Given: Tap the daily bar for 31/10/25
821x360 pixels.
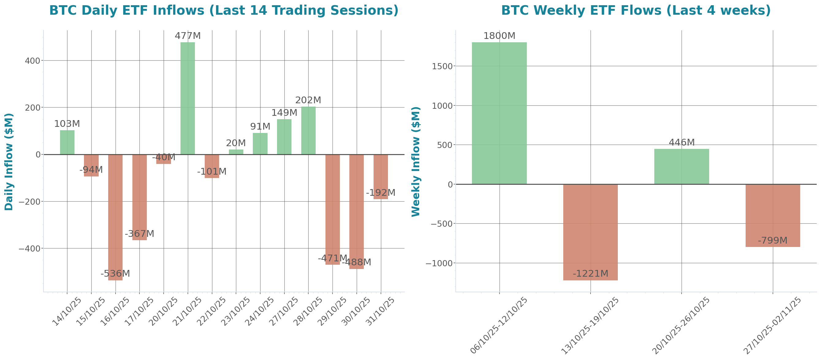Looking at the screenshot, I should tap(381, 177).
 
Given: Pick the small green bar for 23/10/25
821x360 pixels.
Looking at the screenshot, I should tap(236, 152).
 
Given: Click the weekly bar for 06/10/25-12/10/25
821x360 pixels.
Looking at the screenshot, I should tap(499, 113).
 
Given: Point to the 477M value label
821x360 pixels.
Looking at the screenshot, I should tap(188, 36).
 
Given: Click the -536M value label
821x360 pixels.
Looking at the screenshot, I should tap(115, 274).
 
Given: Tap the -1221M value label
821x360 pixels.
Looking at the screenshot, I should tap(590, 274).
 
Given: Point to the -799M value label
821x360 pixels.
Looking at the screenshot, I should tap(773, 241).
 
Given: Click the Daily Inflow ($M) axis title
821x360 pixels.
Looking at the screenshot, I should tap(9, 162).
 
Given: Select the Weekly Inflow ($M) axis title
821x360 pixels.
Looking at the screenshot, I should tap(416, 162).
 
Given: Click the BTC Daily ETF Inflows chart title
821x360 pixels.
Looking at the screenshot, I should tap(224, 10).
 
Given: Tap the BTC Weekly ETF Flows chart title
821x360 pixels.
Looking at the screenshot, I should tap(636, 10).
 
